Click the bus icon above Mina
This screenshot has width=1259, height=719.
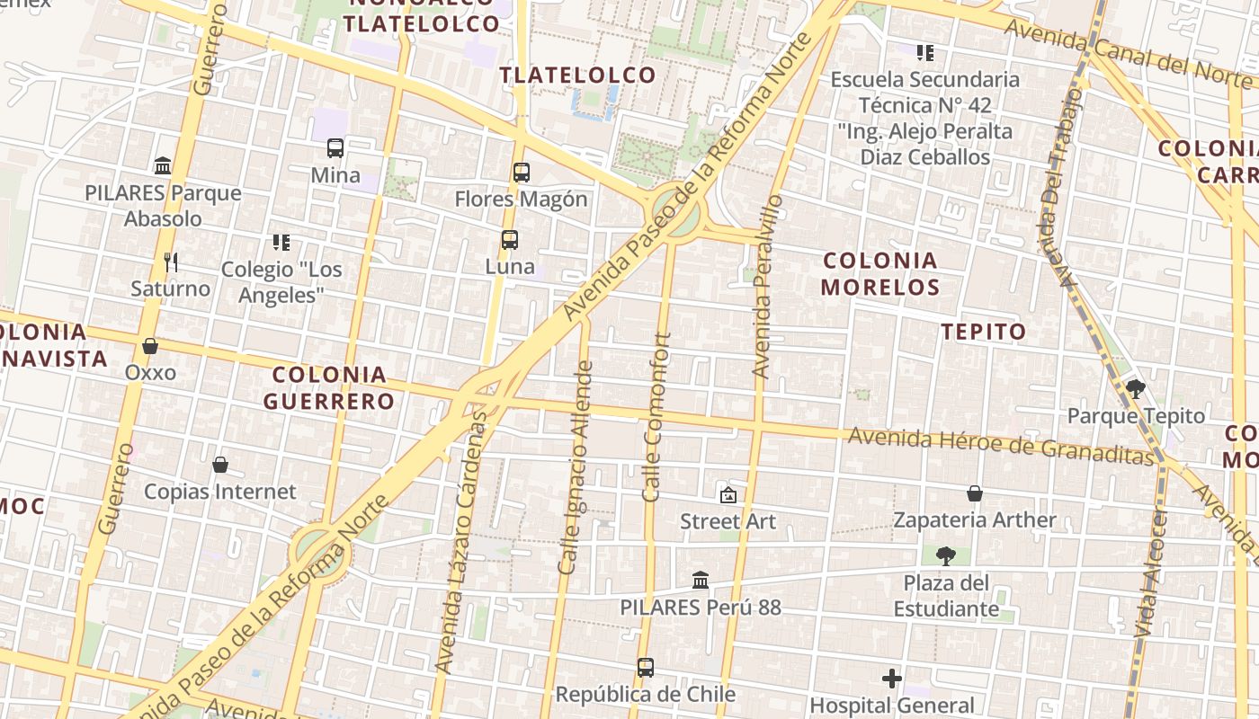335,148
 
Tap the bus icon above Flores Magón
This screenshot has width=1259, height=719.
522,173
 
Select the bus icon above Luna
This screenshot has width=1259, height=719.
510,240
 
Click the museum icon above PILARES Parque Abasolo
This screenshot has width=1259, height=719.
163,166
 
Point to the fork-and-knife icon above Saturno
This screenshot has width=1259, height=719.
171,262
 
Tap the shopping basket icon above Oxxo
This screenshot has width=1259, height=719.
150,346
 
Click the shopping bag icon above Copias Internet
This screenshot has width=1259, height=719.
220,465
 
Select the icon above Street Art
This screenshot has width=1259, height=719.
728,494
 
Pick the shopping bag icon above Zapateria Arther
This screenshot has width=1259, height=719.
975,493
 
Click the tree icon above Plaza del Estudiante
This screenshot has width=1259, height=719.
945,556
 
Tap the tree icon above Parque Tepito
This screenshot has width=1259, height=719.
1135,389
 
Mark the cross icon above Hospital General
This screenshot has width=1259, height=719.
892,679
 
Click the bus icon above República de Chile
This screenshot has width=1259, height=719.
646,668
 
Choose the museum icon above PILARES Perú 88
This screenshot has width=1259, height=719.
701,581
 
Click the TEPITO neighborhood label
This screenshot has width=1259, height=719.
984,332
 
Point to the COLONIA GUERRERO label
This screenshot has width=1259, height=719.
329,387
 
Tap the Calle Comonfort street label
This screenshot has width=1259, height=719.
657,417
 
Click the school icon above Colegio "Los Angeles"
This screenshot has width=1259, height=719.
281,243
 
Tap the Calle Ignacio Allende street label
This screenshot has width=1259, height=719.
576,467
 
